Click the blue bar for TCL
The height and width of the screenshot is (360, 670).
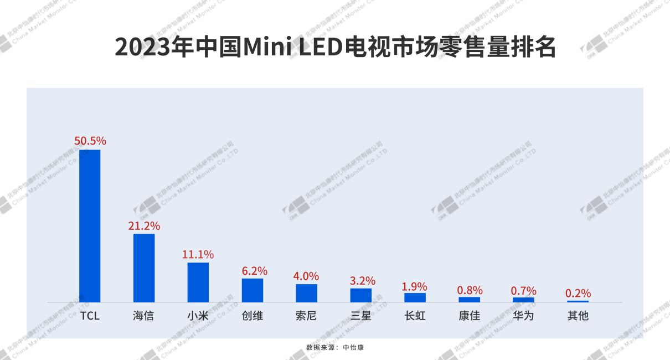pos(90,226)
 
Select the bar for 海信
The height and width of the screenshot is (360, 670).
pos(144,268)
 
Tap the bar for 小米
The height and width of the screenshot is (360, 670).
pos(198,282)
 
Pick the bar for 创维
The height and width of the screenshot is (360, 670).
pos(252,290)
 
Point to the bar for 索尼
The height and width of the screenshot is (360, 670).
pos(307,293)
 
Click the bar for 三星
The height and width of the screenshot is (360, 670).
pos(361,295)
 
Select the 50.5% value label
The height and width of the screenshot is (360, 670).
pos(90,141)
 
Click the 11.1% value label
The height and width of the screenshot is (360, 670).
pos(198,254)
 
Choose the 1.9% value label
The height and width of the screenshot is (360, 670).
pos(414,286)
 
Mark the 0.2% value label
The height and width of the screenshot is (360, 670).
pos(578,293)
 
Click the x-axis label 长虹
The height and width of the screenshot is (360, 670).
pos(415,316)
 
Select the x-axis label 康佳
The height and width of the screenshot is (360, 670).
pos(470,316)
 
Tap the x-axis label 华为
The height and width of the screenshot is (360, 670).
pos(524,316)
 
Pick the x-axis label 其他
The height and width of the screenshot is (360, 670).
pos(578,316)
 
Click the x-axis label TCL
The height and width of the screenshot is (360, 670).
pos(90,316)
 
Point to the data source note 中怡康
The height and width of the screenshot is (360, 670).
pos(353,347)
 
